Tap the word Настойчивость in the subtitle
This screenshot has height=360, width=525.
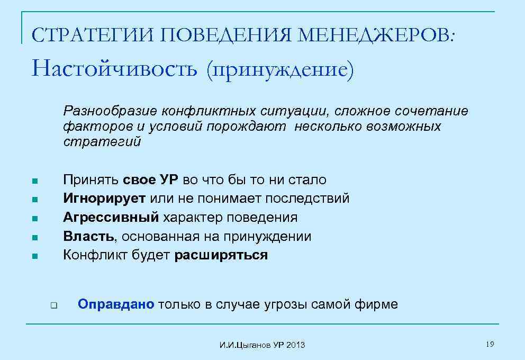[x=114, y=69]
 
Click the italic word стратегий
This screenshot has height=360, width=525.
[x=102, y=142]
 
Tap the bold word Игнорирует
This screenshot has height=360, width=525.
[x=105, y=199]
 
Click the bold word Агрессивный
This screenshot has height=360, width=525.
[x=111, y=218]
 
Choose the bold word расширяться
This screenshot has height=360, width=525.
[x=221, y=255]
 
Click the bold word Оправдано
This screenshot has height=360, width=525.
[x=116, y=304]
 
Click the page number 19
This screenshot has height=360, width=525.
[x=490, y=345]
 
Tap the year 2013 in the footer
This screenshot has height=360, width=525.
[x=296, y=345]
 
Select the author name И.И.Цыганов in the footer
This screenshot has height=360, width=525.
[x=245, y=345]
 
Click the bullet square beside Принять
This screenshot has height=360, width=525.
[x=34, y=181]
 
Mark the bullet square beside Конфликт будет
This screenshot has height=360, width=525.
[x=34, y=256]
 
